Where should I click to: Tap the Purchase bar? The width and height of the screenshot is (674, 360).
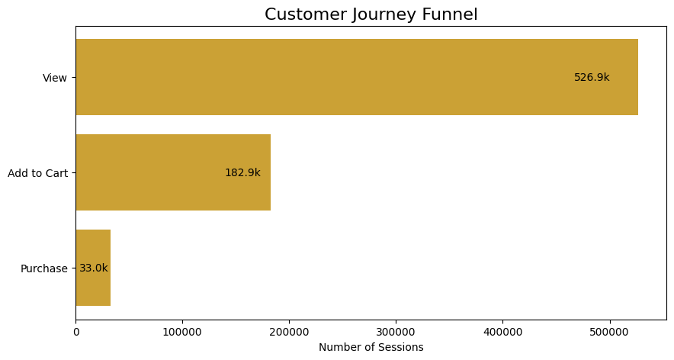(x=93, y=268)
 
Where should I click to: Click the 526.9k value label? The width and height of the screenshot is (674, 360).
(x=592, y=77)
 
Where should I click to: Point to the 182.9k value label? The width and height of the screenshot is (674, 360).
(x=242, y=173)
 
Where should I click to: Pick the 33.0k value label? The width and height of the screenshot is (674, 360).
(x=94, y=268)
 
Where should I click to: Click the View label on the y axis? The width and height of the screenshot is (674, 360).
(x=55, y=78)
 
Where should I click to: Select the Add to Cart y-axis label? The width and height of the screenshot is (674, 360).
(x=38, y=173)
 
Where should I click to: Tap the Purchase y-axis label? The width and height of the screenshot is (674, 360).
(x=44, y=268)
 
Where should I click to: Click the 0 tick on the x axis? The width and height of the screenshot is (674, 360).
(x=75, y=332)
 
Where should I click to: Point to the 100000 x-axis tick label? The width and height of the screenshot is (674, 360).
(x=182, y=332)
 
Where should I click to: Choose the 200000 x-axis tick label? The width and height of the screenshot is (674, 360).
(x=289, y=332)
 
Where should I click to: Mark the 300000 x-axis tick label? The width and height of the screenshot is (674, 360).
(x=396, y=332)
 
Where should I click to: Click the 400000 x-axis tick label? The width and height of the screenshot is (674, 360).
(x=502, y=332)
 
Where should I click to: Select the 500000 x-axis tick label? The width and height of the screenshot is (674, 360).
(x=609, y=332)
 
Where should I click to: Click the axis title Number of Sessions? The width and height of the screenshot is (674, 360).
(x=371, y=348)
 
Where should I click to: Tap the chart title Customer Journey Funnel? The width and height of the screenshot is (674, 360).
(x=371, y=14)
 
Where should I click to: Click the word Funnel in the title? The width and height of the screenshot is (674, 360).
(x=451, y=14)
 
